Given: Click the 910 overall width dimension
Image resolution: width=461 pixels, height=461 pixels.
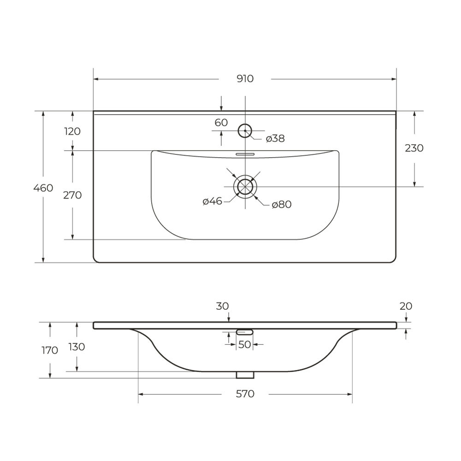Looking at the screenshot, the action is coord(245,79).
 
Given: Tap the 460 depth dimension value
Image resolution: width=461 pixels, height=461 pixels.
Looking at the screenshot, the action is coord(43,188).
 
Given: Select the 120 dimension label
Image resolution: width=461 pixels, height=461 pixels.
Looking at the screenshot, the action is coord(72,131).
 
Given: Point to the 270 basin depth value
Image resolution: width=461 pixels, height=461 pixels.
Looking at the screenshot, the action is coord(72,195).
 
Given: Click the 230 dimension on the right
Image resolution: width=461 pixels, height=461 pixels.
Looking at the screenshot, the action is coord(414,148).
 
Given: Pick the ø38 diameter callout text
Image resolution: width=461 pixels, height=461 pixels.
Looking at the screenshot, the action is coord(275,138).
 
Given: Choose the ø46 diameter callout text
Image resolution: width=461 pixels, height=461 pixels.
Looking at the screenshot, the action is coord(212,201).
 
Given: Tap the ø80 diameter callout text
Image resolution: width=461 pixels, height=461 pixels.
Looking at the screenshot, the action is coord(282,204).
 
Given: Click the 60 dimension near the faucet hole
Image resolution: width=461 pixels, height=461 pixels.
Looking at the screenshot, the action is coord(221,123).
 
